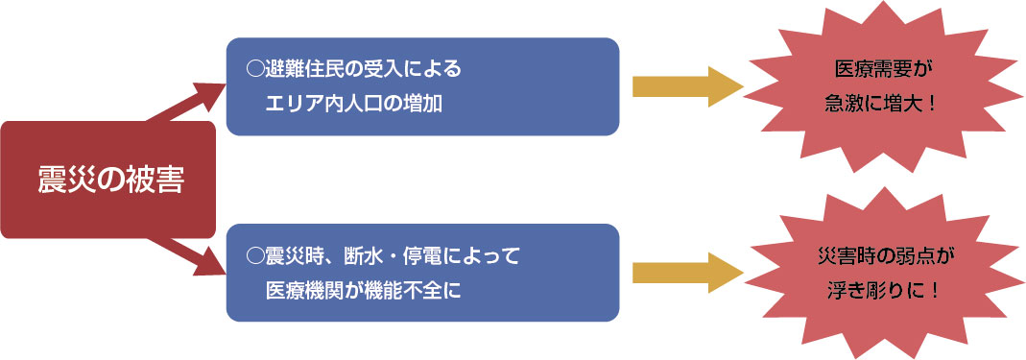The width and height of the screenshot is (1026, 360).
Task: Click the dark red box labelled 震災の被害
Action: click(108, 180)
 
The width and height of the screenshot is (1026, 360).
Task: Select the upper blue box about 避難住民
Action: click(422, 86)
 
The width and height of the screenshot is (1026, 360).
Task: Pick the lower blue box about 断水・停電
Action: click(422, 272)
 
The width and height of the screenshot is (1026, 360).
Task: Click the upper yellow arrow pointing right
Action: click(687, 86)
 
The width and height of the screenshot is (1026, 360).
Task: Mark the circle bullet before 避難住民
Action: click(254, 69)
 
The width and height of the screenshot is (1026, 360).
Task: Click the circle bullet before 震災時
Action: click(254, 255)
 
